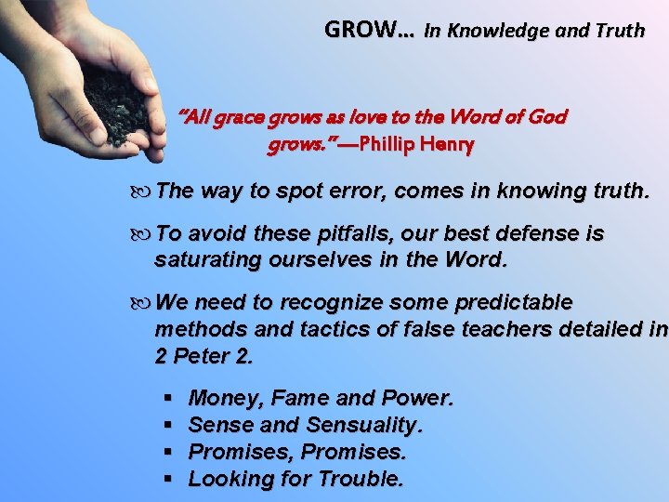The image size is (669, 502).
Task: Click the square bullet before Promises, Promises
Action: [168, 453]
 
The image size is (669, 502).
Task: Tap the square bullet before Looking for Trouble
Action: [168, 480]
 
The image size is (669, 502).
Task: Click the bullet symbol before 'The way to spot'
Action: [143, 192]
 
